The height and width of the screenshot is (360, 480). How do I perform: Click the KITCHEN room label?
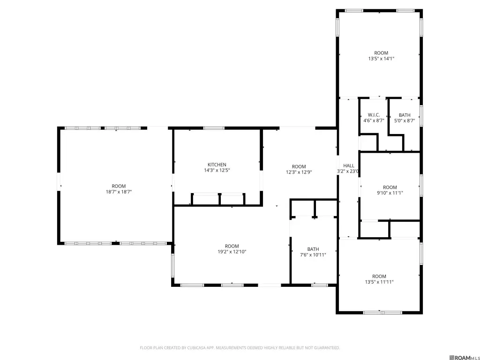click(217, 165)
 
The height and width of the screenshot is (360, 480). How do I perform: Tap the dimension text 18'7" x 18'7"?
click(119, 192)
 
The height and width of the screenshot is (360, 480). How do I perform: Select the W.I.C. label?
click(374, 115)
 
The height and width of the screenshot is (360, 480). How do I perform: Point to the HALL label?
click(349, 165)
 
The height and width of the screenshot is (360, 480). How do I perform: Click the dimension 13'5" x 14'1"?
click(381, 59)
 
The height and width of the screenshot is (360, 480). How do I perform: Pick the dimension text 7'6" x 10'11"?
click(313, 255)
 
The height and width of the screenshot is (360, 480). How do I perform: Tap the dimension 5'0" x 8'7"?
click(405, 120)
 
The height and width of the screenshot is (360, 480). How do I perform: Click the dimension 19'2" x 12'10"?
click(232, 252)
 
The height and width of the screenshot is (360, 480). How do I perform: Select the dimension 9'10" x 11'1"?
click(390, 193)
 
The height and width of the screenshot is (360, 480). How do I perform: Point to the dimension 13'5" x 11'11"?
click(379, 282)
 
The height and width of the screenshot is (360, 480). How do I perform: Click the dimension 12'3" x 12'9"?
click(299, 172)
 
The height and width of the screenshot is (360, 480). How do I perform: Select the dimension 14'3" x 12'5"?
click(217, 170)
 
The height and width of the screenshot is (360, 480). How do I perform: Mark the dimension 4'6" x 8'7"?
click(374, 120)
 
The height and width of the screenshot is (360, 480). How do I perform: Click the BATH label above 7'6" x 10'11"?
click(313, 249)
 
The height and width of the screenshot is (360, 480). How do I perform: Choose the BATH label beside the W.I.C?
click(405, 115)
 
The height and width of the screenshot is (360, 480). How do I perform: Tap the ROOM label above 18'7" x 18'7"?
click(119, 186)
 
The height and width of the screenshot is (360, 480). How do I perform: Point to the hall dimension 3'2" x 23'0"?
click(348, 171)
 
